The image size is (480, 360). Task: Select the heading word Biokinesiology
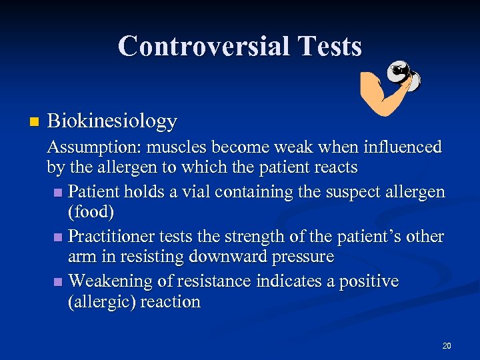click(112, 121)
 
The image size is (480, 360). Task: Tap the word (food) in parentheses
click(91, 213)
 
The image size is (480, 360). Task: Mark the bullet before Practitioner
click(60, 237)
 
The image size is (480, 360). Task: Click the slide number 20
click(446, 345)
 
